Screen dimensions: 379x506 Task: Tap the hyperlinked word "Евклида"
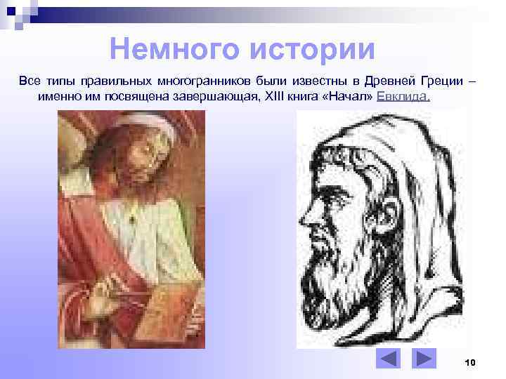click(402, 96)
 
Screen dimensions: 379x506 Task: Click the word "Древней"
click(386, 81)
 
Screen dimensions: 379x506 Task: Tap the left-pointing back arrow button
click(387, 359)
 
